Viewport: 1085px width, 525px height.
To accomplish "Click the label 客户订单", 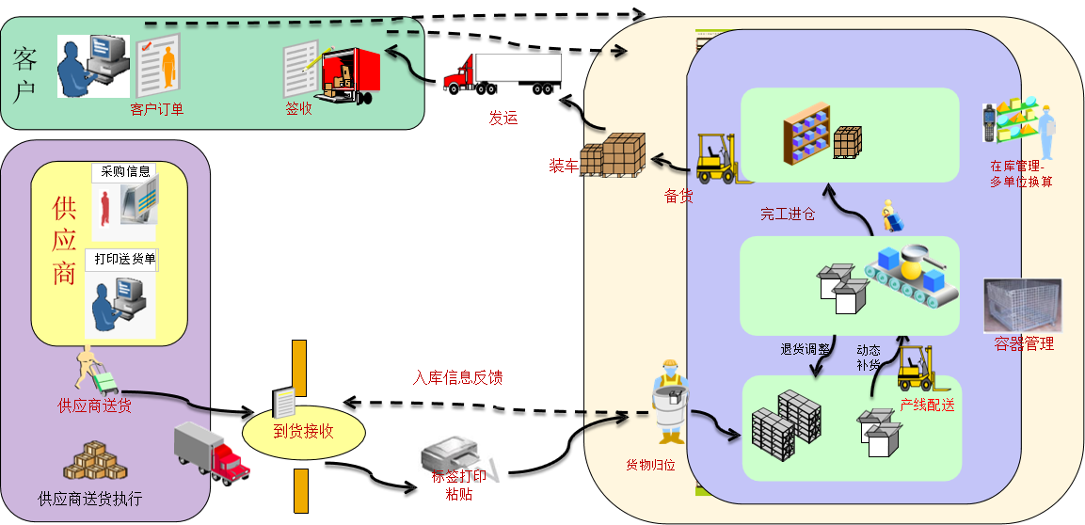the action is pyautogui.click(x=157, y=108).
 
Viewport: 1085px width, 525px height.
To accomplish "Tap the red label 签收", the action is pyautogui.click(x=299, y=108).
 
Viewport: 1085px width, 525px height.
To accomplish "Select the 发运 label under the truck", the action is pyautogui.click(x=503, y=119).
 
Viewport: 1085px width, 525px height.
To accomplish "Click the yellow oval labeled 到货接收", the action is pyautogui.click(x=303, y=432).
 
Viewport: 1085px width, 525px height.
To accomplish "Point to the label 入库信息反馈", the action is pyautogui.click(x=457, y=377).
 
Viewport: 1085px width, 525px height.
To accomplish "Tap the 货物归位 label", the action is pyautogui.click(x=650, y=466).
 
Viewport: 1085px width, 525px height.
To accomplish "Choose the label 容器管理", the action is pyautogui.click(x=1024, y=343).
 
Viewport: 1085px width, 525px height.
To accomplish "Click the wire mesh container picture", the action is pyautogui.click(x=1022, y=305).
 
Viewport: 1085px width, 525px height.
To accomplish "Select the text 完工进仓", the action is pyautogui.click(x=788, y=215).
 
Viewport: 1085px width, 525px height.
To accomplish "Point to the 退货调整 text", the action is pyautogui.click(x=806, y=349).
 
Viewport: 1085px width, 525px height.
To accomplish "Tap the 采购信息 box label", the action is pyautogui.click(x=125, y=171).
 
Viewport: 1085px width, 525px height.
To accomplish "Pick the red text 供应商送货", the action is pyautogui.click(x=94, y=406).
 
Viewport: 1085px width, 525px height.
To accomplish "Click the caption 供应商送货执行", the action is pyautogui.click(x=90, y=498).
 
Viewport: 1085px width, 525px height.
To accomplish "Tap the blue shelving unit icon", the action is pyautogui.click(x=806, y=133).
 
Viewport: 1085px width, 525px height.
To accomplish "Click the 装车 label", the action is pyautogui.click(x=564, y=166).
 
